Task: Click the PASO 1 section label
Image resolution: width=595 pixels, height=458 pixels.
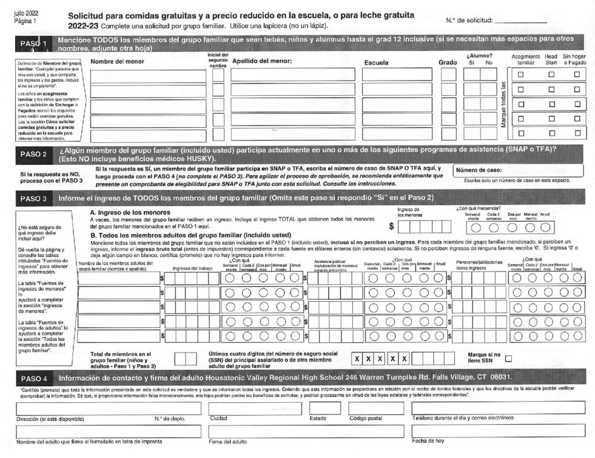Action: [33, 44]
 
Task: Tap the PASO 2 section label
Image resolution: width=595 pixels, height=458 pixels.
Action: [33, 154]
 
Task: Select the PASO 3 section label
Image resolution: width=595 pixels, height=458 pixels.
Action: [33, 199]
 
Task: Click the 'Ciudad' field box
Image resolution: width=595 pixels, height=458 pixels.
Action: [255, 407]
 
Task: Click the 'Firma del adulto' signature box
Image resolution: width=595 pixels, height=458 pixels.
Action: [306, 431]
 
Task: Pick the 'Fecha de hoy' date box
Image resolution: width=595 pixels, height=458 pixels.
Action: [498, 431]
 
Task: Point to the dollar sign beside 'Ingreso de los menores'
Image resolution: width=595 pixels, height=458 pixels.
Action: [392, 226]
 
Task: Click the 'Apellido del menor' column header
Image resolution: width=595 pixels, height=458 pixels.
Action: [261, 60]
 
